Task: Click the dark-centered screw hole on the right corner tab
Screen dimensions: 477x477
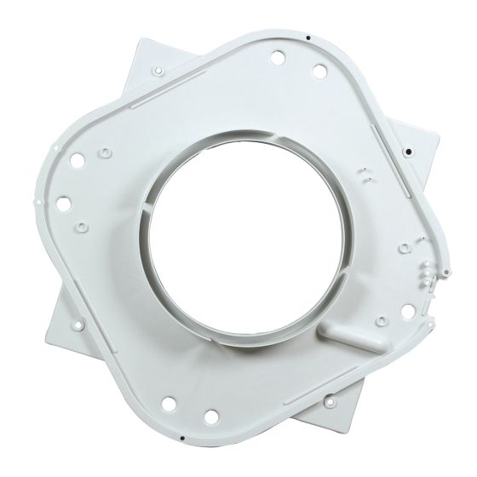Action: (x=408, y=152)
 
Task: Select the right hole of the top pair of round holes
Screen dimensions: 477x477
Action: (x=318, y=72)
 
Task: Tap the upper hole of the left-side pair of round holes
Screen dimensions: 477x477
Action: (x=75, y=158)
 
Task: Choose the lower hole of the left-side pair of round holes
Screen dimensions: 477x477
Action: (x=62, y=203)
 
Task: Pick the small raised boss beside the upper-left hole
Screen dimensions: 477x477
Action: (x=103, y=152)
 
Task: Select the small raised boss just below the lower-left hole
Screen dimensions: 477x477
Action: (x=80, y=228)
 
